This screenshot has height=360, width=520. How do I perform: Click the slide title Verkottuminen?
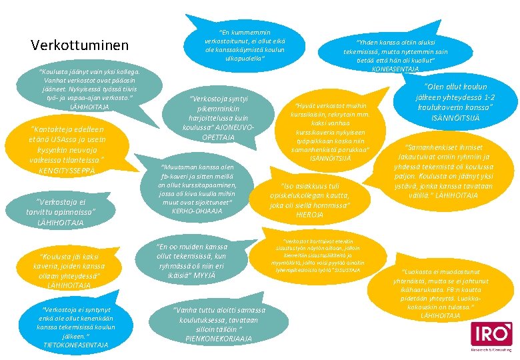[80, 45]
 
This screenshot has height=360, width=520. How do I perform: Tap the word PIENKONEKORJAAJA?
[218, 339]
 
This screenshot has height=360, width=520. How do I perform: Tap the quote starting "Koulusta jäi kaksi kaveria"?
[71, 271]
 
